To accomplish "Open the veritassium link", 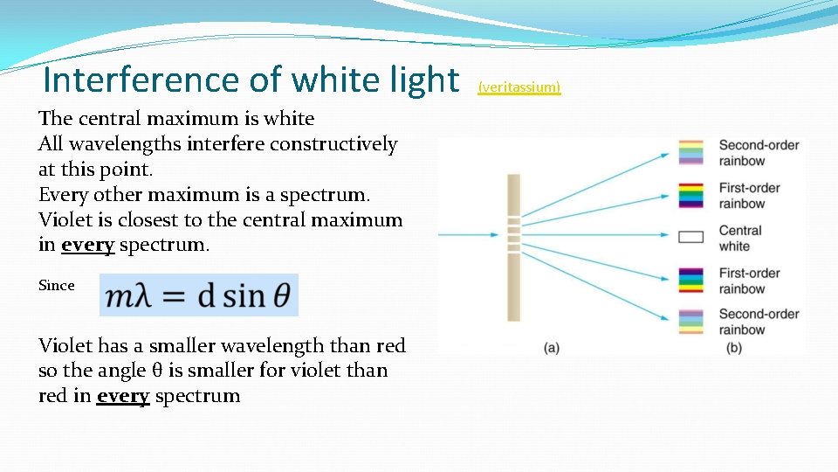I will [x=519, y=87].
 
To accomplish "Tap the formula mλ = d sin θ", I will [x=199, y=295].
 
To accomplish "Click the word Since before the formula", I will [x=57, y=285].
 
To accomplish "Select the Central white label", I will [x=740, y=238].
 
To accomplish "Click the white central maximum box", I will [x=690, y=236].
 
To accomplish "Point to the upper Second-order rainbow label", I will [x=759, y=153].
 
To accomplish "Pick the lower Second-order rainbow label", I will [x=759, y=322].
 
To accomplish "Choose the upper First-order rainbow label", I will [x=749, y=196].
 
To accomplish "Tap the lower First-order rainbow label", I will [x=749, y=281].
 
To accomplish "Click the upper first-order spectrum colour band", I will [x=690, y=194].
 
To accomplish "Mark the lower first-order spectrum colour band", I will [x=690, y=280].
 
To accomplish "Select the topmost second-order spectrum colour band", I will [x=690, y=152].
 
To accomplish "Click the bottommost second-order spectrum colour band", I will [x=690, y=322].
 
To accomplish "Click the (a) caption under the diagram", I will [x=552, y=348].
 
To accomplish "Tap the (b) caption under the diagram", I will [x=734, y=348].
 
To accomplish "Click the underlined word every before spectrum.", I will [x=124, y=396].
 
